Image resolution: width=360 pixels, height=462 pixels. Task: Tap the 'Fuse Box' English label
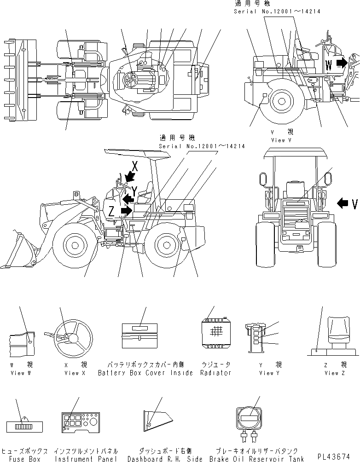click(x=23, y=459)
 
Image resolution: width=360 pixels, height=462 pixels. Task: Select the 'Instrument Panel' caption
click(x=86, y=459)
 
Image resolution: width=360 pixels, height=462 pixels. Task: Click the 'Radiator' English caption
click(x=215, y=373)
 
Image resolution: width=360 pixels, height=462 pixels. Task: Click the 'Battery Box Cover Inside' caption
click(x=145, y=373)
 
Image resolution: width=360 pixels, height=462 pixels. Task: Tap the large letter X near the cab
click(x=134, y=166)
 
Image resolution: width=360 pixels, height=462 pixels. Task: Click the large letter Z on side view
click(x=111, y=212)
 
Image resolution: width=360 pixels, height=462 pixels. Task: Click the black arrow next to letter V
click(x=343, y=202)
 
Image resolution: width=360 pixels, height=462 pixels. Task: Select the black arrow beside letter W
click(x=342, y=63)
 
